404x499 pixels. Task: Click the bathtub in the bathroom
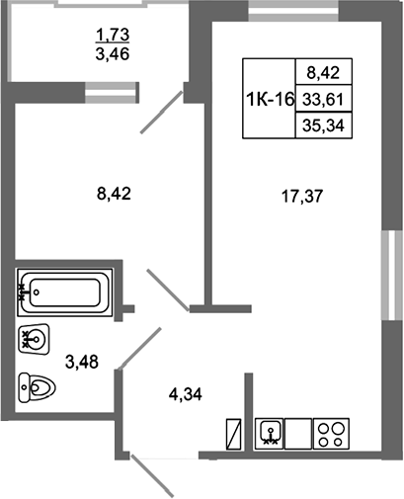pos(65,292)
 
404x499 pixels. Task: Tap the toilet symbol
pos(37,387)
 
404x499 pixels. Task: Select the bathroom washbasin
pos(35,339)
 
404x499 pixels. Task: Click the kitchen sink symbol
pos(270,433)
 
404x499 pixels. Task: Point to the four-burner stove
pos(331,433)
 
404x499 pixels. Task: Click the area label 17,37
pos(302,197)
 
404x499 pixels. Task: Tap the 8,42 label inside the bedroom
pos(114,194)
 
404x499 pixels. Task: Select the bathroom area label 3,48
pos(82,362)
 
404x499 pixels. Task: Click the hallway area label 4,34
pos(186,394)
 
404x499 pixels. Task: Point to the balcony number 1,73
pos(113,35)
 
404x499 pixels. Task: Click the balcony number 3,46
pos(113,53)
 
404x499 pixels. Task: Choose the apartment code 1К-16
pos(270,99)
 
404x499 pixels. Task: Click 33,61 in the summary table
pos(323,99)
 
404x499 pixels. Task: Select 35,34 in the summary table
pos(323,125)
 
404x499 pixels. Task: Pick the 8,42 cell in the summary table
pos(323,72)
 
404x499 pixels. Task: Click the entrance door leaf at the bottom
pos(152,475)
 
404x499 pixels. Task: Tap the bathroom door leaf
pos(139,348)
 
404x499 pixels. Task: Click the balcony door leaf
pos(161,112)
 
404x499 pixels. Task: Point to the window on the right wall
pos(392,275)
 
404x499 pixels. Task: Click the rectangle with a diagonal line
pos(234,434)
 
